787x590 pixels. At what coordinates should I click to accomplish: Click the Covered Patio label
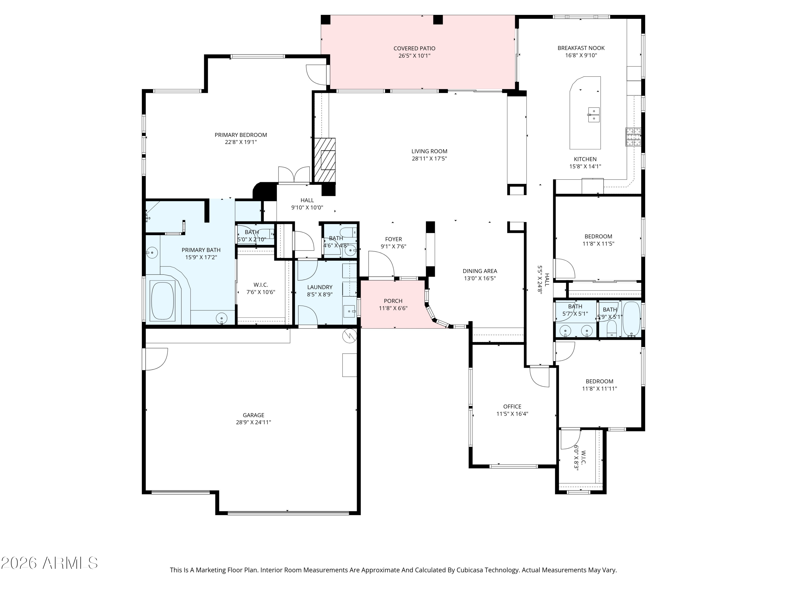414,48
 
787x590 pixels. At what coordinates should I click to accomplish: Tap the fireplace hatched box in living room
324,160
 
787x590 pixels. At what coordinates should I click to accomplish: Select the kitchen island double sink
593,115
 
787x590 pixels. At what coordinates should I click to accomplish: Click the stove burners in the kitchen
633,137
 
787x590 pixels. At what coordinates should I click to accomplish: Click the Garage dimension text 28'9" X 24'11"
253,422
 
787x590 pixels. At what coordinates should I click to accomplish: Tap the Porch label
393,301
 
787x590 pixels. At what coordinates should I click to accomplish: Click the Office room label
512,406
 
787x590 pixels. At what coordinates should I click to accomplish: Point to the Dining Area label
480,271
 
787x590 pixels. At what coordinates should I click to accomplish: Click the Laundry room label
320,287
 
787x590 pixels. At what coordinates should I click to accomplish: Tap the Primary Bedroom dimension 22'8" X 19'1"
241,142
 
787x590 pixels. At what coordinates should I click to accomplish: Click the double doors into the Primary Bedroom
294,175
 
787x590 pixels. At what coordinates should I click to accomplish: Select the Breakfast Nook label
581,48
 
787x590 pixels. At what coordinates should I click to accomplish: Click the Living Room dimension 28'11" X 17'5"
429,159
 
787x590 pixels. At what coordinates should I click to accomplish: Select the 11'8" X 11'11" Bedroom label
599,382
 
